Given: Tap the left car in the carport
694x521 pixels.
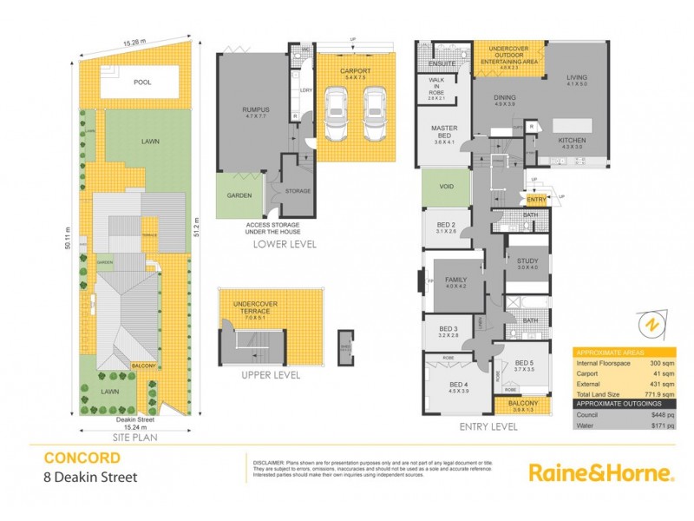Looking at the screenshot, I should pos(335,116).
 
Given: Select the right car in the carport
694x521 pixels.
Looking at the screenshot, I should pos(375,116).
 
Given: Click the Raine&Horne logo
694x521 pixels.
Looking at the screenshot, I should pos(601,473).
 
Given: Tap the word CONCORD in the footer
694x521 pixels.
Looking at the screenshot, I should pos(82,458).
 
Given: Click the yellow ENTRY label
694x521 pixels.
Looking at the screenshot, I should pos(536,200).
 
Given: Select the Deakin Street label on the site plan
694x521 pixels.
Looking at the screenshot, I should pos(134,419).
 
